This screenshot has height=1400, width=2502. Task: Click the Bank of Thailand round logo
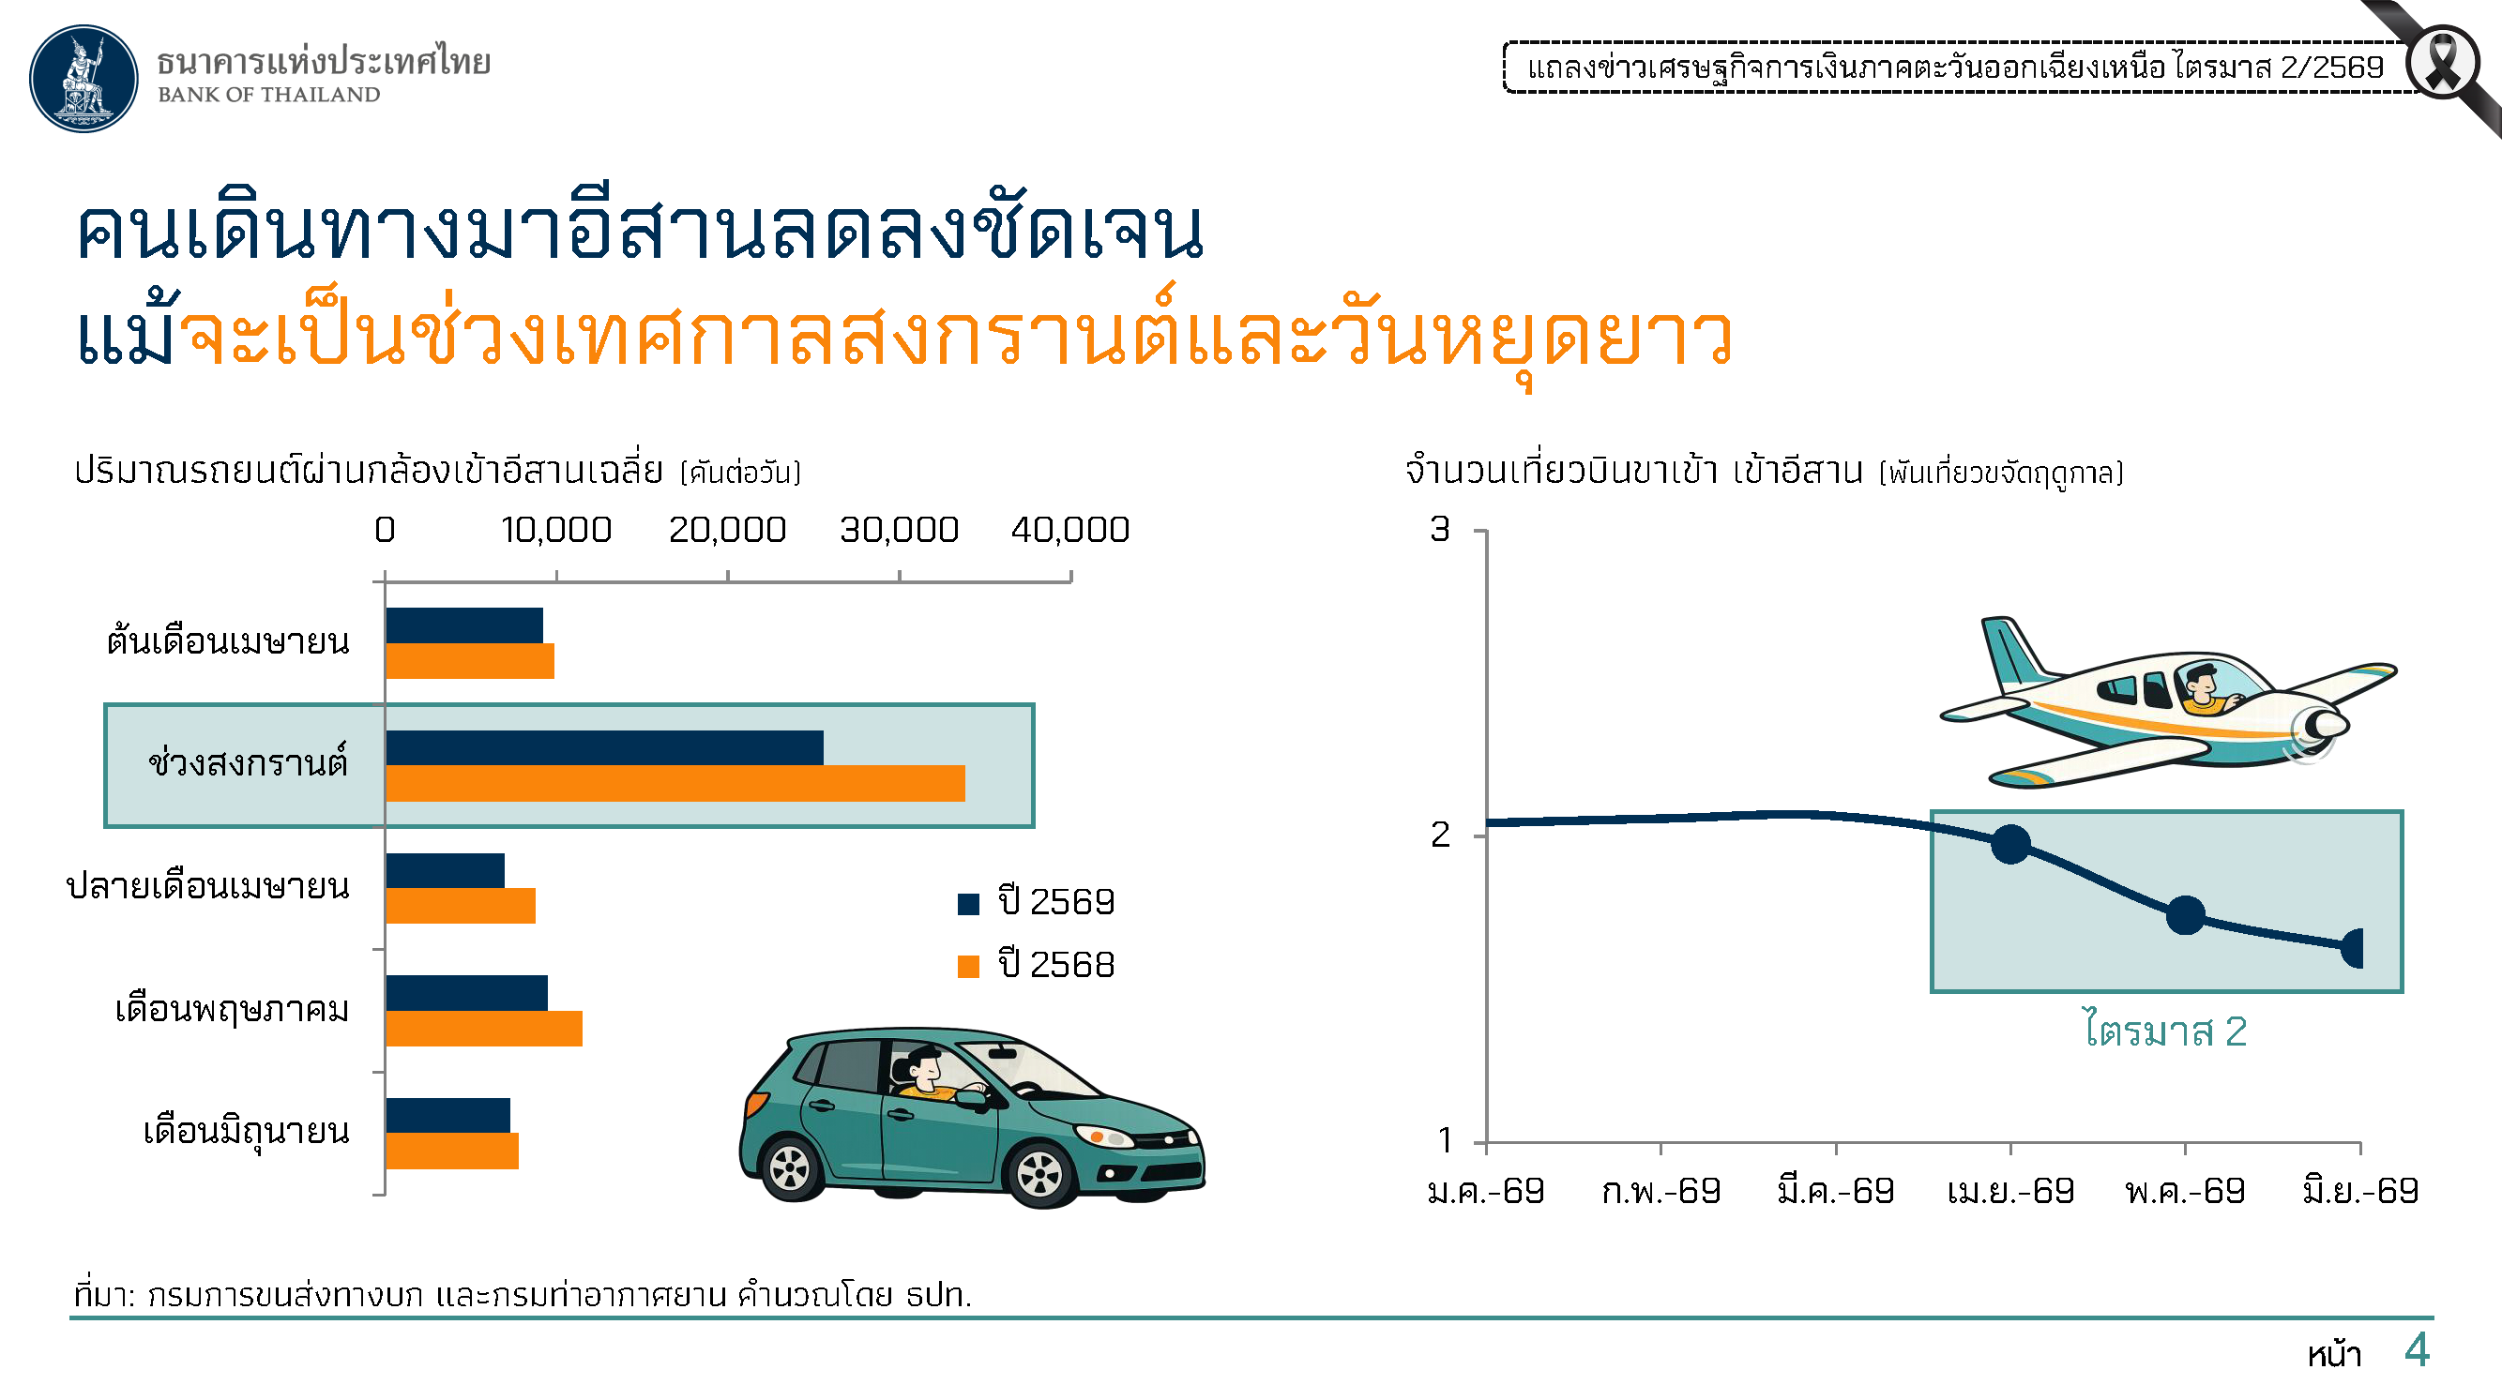pyautogui.click(x=83, y=78)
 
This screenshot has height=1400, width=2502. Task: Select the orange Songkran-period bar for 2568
pyautogui.click(x=675, y=784)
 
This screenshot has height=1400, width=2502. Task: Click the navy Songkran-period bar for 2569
pyautogui.click(x=604, y=747)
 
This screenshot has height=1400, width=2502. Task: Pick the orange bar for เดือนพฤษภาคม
pyautogui.click(x=484, y=1028)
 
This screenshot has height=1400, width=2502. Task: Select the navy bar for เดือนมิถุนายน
pyautogui.click(x=447, y=1116)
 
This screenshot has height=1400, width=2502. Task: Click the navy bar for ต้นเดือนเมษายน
pyautogui.click(x=464, y=625)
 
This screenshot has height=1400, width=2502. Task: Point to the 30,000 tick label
pyautogui.click(x=900, y=530)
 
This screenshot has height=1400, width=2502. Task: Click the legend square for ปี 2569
pyautogui.click(x=968, y=904)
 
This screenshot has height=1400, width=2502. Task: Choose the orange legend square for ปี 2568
pyautogui.click(x=968, y=966)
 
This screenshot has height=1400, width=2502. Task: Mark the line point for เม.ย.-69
pyautogui.click(x=2010, y=844)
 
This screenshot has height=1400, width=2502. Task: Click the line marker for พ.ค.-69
pyautogui.click(x=2185, y=914)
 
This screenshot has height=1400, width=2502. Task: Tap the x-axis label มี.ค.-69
pyautogui.click(x=1836, y=1190)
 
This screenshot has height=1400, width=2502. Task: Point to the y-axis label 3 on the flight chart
pyautogui.click(x=1439, y=529)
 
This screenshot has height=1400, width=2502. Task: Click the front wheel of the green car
pyautogui.click(x=1040, y=1173)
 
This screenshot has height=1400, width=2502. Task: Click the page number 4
pyautogui.click(x=2418, y=1350)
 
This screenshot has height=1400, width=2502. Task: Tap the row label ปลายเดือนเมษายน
pyautogui.click(x=208, y=886)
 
